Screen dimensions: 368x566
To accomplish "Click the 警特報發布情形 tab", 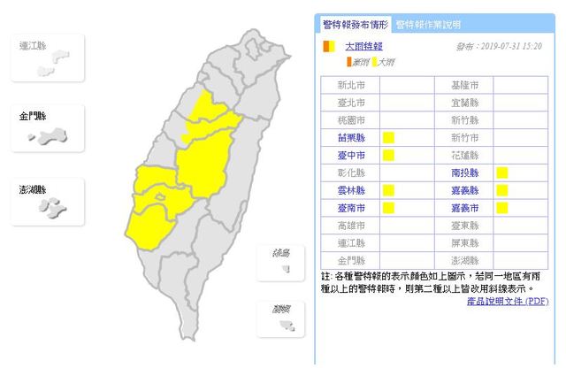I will (354, 24).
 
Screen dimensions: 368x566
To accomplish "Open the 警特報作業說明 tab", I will (427, 24).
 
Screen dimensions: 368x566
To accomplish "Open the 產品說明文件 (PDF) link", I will (508, 302).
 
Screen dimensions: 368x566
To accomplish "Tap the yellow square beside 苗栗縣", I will (388, 137).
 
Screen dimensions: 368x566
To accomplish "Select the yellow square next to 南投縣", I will (501, 172).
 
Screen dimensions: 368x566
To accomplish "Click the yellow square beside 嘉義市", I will (501, 208).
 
